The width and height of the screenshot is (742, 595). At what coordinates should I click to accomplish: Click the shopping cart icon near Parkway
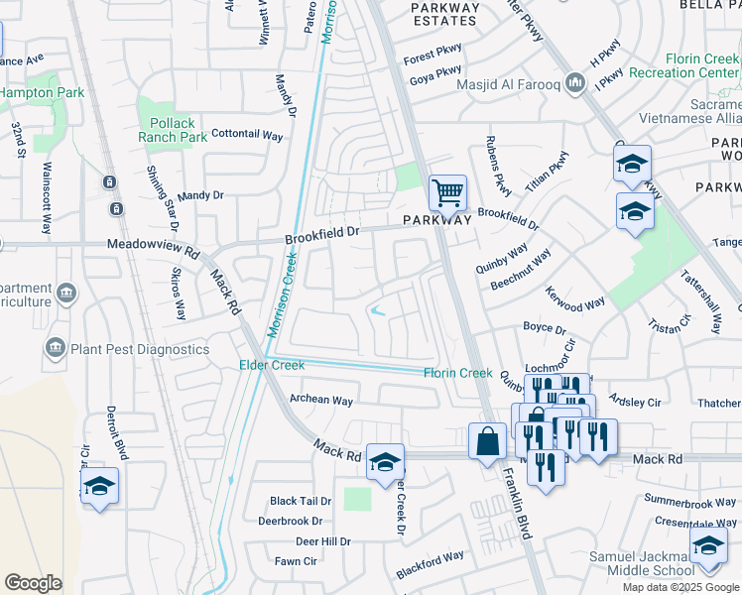pyautogui.click(x=447, y=191)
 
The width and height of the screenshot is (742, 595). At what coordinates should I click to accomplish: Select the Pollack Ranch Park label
pyautogui.click(x=174, y=129)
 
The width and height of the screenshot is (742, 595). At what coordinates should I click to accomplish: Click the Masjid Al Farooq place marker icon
pyautogui.click(x=574, y=83)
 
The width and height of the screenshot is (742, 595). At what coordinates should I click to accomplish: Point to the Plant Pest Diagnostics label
pyautogui.click(x=139, y=349)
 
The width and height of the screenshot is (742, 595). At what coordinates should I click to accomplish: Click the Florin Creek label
pyautogui.click(x=457, y=373)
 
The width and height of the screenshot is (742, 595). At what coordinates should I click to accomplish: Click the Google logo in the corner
pyautogui.click(x=33, y=582)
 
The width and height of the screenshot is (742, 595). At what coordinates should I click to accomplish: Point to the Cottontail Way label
pyautogui.click(x=248, y=134)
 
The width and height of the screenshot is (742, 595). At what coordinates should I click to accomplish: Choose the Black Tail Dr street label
pyautogui.click(x=300, y=502)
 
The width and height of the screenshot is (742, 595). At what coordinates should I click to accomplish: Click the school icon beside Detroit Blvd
pyautogui.click(x=98, y=486)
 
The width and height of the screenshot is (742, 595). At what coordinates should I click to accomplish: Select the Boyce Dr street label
pyautogui.click(x=544, y=328)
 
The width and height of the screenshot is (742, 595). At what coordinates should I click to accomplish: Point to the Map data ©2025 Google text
pyautogui.click(x=680, y=587)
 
